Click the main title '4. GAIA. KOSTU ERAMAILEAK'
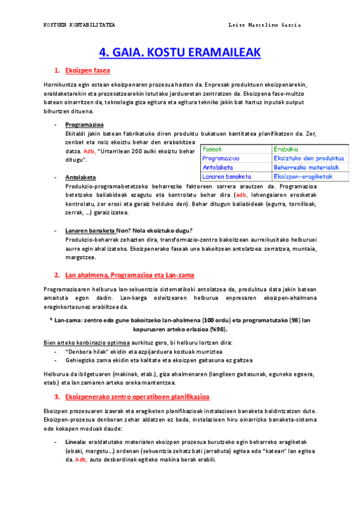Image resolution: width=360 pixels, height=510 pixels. tap(180, 52)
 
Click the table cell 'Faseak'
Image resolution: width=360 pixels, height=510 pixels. tap(212, 149)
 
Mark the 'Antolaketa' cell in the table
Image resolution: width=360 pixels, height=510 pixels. tap(217, 167)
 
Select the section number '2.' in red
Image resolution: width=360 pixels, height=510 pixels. tap(57, 275)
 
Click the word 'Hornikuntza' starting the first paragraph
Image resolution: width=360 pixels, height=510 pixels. tap(60, 85)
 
